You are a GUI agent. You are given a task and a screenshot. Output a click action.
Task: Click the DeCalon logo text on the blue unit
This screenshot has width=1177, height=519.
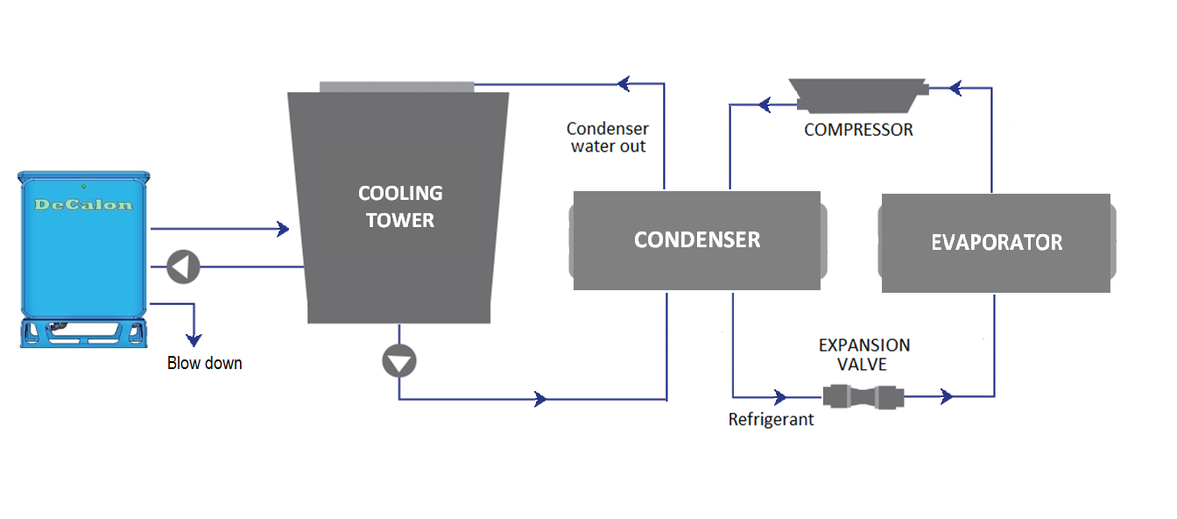point(83,205)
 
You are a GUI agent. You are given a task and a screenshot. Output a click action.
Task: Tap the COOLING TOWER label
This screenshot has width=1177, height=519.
point(400,207)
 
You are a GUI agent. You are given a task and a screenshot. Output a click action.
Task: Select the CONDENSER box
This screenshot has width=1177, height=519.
point(697,240)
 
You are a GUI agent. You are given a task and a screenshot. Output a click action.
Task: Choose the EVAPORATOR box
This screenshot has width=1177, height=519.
point(996,243)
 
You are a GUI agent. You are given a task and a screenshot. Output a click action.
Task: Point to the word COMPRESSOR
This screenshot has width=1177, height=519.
point(858,130)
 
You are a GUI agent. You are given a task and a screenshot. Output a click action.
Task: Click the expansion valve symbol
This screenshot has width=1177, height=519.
point(863,397)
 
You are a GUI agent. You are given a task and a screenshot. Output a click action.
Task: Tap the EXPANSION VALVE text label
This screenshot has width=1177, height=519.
point(864,354)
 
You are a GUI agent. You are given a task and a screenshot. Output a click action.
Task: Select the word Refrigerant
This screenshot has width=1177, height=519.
point(771,420)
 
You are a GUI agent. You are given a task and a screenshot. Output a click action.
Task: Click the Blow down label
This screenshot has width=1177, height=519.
point(204,363)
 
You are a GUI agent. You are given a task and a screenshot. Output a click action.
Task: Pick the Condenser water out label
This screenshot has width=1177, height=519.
point(608,138)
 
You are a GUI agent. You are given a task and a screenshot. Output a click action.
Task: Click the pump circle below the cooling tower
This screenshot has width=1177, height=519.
point(399,360)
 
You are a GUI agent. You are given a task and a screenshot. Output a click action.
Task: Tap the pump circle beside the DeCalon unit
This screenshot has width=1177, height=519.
point(184,267)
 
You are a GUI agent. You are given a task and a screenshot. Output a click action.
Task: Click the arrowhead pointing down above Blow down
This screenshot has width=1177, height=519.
point(194,339)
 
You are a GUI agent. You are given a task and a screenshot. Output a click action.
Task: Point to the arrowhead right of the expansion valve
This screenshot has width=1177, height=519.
point(946,397)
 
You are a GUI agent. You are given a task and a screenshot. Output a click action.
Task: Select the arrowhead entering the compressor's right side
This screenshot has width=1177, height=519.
point(955,88)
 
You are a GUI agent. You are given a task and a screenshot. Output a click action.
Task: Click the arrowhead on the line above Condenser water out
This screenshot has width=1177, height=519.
point(624,84)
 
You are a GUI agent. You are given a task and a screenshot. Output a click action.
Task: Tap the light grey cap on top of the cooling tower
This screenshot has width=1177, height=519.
point(397,86)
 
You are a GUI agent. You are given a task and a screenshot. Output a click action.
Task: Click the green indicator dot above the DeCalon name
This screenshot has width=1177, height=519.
point(82,186)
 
